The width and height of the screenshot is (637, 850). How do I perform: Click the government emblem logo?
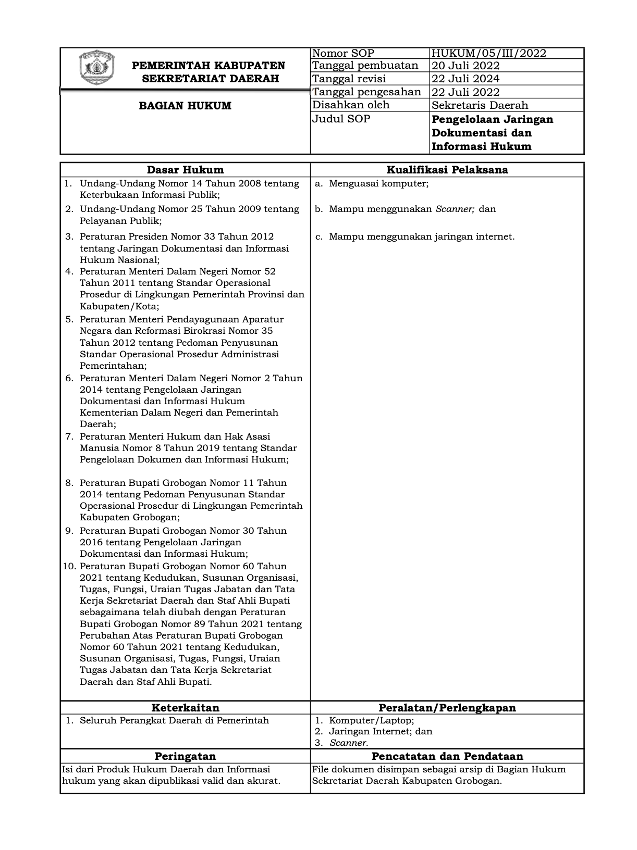click(x=96, y=68)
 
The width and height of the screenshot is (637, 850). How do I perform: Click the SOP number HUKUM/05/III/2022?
click(x=488, y=53)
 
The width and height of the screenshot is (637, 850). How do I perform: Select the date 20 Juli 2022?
click(x=465, y=66)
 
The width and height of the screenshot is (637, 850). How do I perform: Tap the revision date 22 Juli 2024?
click(x=465, y=79)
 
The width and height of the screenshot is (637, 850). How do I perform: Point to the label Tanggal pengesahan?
click(x=366, y=92)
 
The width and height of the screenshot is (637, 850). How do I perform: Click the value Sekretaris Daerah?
click(x=480, y=105)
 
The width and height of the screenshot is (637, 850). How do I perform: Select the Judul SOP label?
click(x=341, y=119)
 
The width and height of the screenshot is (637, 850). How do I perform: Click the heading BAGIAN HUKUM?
click(x=185, y=106)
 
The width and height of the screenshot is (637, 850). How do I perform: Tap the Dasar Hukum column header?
click(x=185, y=170)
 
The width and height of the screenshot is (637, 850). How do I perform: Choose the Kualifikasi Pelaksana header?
click(x=447, y=170)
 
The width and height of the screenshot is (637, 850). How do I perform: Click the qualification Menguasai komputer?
click(x=378, y=183)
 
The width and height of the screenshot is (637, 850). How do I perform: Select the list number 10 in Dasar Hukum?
click(x=70, y=566)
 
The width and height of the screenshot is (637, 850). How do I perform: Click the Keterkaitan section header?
click(x=185, y=708)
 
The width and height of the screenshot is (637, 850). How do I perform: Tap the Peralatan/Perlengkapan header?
click(x=447, y=708)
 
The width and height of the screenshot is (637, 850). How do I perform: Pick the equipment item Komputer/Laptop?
click(x=371, y=720)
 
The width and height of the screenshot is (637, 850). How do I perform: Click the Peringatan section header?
click(x=185, y=756)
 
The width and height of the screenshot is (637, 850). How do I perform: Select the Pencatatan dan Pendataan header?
click(x=447, y=756)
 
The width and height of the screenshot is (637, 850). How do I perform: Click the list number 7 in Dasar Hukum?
click(x=69, y=436)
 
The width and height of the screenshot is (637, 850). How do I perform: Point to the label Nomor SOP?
click(x=343, y=53)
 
